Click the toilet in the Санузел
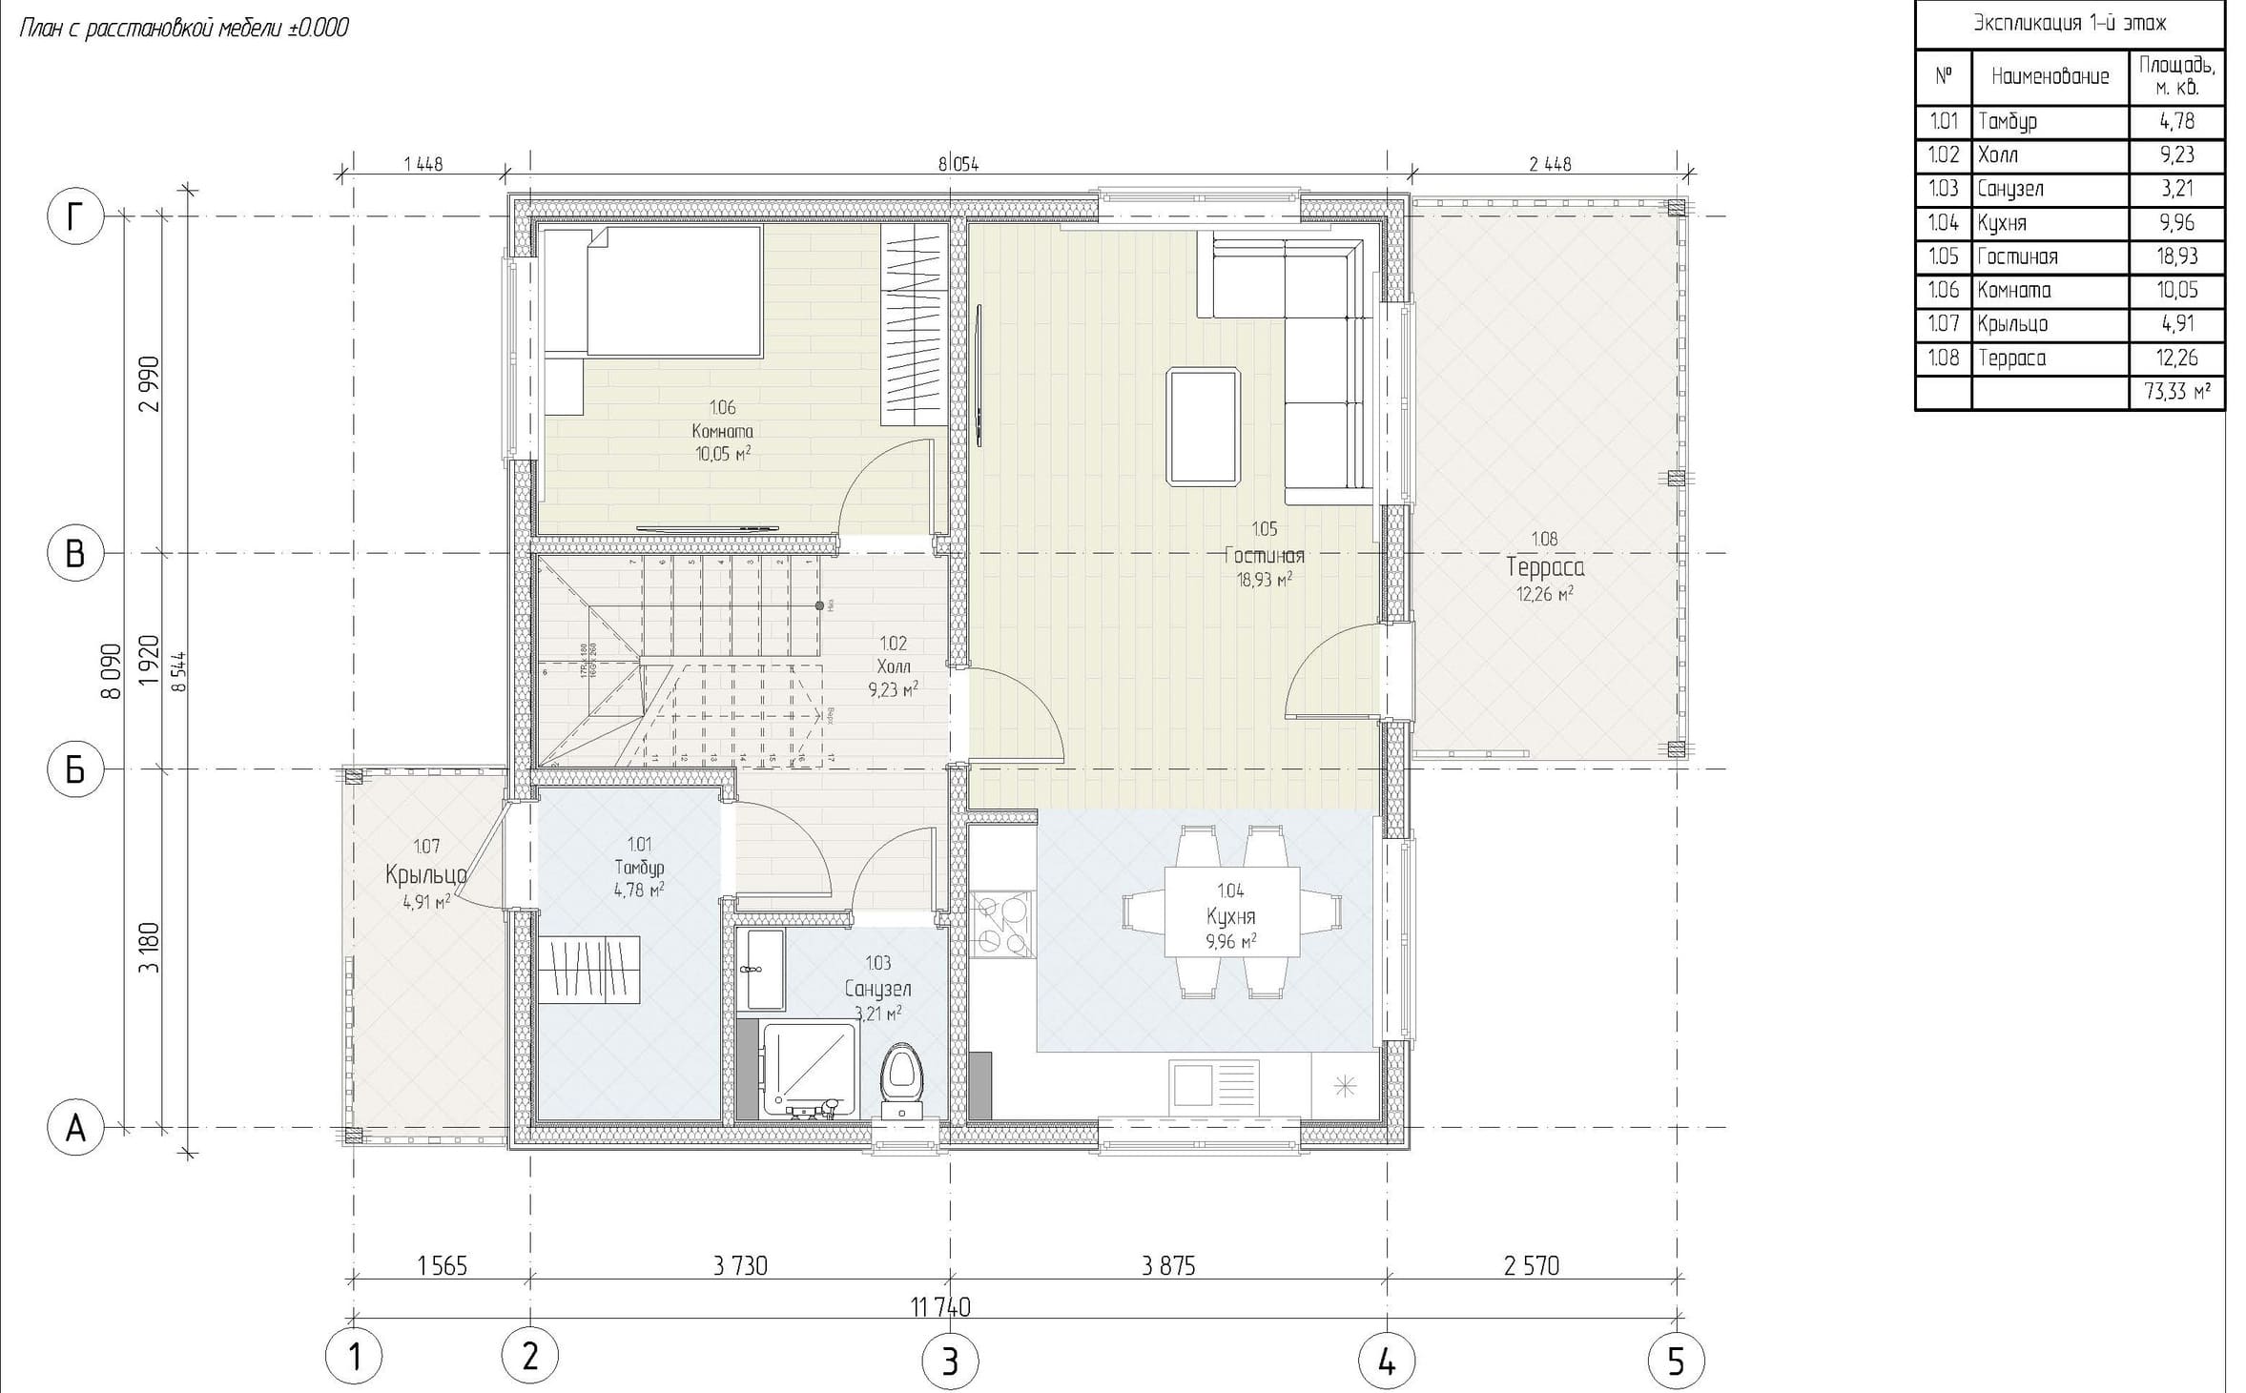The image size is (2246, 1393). point(900,1083)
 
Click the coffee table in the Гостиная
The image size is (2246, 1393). point(1204,427)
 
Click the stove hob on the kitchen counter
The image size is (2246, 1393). point(1002,923)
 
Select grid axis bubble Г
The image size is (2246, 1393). point(74,217)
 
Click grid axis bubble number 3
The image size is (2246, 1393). point(949,1362)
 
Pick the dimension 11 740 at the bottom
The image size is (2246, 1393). point(939,1306)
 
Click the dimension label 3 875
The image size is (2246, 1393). point(1167,1266)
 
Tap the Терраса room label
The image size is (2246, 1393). point(1545,568)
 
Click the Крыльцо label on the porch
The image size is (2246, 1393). point(425,874)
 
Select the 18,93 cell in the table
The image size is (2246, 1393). point(2176,256)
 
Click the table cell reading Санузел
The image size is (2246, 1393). point(2050,189)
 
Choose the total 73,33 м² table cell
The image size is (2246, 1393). point(2176,393)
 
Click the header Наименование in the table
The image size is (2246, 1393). point(2050,76)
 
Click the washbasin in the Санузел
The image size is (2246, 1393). point(764,970)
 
